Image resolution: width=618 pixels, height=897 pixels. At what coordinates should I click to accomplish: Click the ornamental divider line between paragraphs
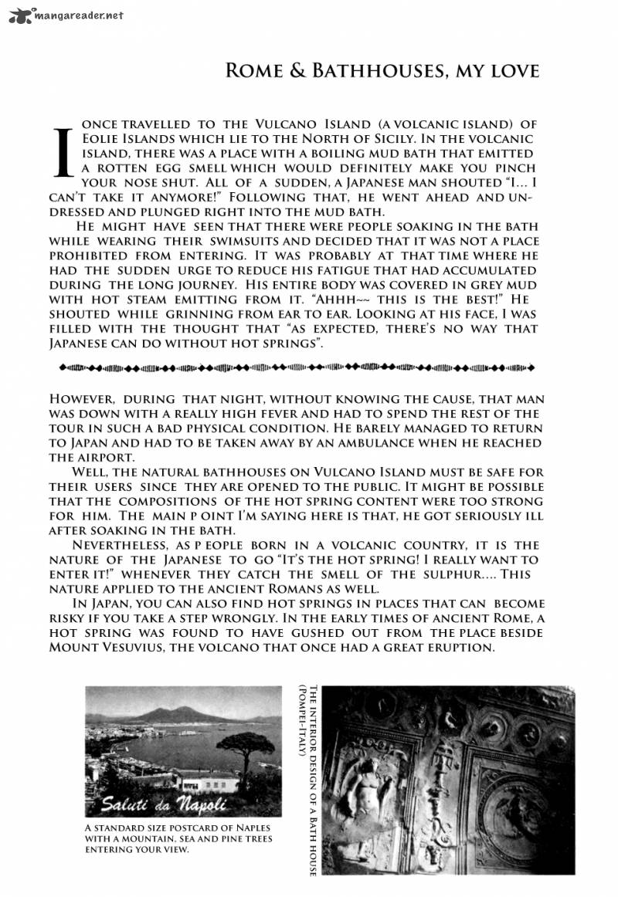click(297, 367)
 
